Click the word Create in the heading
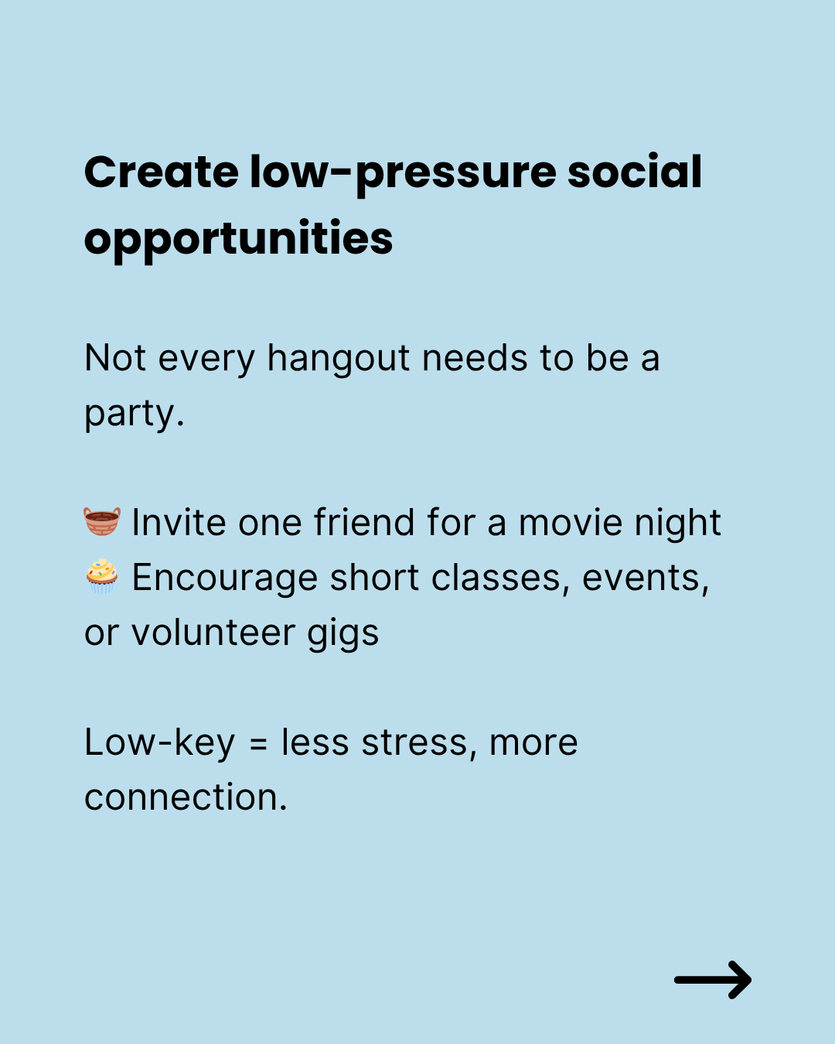coord(161,172)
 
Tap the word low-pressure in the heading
coord(403,175)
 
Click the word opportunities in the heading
coord(238,241)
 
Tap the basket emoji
coord(102,521)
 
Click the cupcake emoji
coord(102,576)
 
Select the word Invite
coord(179,523)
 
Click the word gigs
coord(343,636)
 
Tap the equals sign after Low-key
coord(258,744)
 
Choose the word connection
coord(186,797)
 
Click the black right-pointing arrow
coord(713,980)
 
